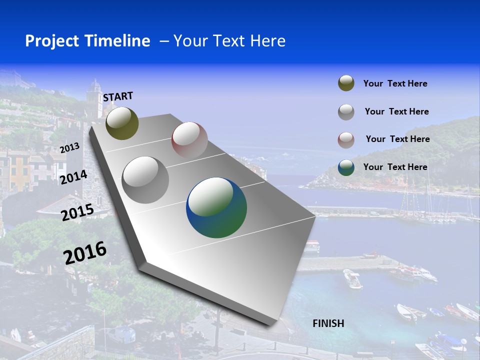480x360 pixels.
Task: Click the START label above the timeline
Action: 118,96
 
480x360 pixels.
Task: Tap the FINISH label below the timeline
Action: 328,323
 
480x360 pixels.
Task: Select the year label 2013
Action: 69,147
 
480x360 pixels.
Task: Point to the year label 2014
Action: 73,177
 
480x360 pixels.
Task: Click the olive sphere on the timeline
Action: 122,123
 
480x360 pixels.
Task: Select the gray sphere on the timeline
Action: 145,179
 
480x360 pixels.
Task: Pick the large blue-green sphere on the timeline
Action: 216,207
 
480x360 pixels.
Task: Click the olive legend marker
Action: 346,83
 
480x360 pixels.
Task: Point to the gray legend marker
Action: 346,112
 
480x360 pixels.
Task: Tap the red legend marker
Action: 346,139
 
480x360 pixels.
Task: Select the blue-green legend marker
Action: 346,167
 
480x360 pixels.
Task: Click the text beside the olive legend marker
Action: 395,83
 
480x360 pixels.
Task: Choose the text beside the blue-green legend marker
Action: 395,167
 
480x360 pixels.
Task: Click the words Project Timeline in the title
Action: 87,41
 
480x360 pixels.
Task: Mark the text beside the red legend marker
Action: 397,139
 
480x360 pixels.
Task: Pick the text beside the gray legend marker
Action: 396,111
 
